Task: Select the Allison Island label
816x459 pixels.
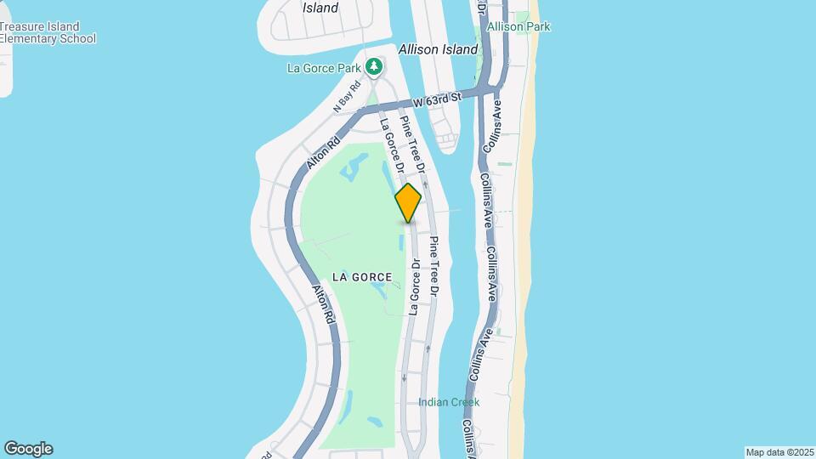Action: coord(438,49)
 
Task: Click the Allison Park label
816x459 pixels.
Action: coord(518,26)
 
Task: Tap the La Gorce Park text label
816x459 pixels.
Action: coord(324,68)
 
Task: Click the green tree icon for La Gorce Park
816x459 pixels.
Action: coord(373,66)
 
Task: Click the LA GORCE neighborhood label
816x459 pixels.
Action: coord(362,277)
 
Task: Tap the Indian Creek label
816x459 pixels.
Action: coord(449,402)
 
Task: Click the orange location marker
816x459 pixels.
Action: coord(409,203)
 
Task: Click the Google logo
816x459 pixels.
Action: coord(28,449)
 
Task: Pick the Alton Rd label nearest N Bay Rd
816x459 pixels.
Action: coord(325,151)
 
